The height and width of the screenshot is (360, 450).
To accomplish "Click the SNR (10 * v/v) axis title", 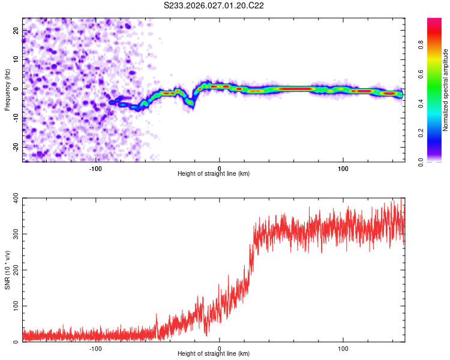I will [x=7, y=270].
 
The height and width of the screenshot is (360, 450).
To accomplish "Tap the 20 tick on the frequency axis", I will [x=16, y=30].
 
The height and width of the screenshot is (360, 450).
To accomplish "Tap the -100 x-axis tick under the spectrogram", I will [x=95, y=168].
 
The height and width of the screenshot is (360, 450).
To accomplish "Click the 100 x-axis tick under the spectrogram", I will [x=343, y=168].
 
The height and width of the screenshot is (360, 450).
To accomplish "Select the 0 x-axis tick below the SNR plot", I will [x=220, y=348].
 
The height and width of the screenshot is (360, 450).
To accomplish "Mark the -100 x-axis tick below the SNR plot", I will [x=95, y=348].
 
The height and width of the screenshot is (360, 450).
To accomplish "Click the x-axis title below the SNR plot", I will [x=214, y=355].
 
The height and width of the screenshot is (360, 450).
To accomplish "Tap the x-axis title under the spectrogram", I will [x=214, y=174].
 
